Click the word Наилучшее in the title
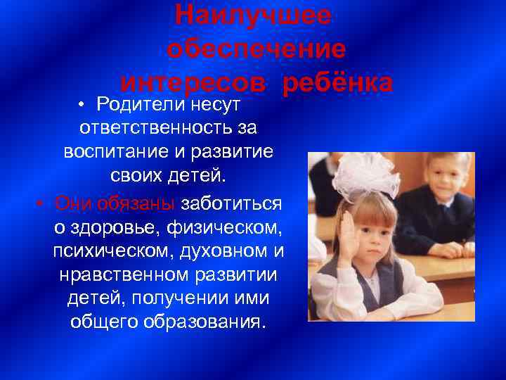tap(252, 15)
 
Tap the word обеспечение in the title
tap(257, 49)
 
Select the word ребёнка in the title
tap(337, 83)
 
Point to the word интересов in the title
tap(193, 83)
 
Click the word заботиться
tap(231, 203)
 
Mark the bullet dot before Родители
tap(82, 106)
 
